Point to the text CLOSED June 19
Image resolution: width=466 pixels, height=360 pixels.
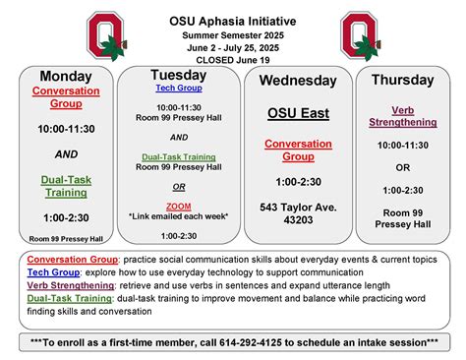[232, 58]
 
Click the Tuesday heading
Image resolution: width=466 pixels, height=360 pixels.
[178, 75]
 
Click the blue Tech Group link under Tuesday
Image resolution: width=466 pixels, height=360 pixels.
[178, 88]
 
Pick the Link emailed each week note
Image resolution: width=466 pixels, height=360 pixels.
[178, 215]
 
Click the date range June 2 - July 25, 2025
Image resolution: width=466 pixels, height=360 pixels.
[232, 46]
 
